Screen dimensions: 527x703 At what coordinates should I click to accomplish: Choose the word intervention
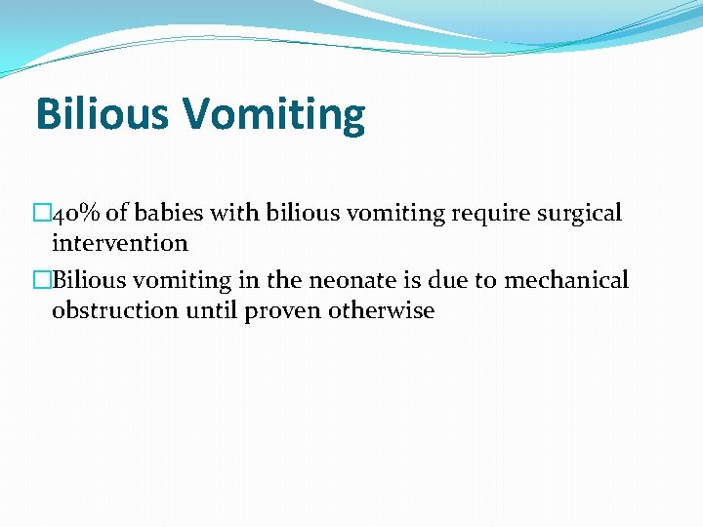119,243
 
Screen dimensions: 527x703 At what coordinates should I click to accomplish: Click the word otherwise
383,311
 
